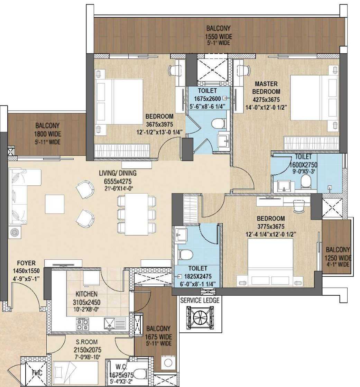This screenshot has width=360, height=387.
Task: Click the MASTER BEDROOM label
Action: pyautogui.click(x=266, y=87)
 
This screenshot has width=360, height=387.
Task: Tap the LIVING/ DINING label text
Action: pyautogui.click(x=118, y=173)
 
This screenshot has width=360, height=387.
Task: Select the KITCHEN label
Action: pyautogui.click(x=86, y=294)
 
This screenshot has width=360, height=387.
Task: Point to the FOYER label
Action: pyautogui.click(x=26, y=263)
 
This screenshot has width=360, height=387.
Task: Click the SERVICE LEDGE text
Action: pyautogui.click(x=200, y=301)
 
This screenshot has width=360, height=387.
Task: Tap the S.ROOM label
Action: pyautogui.click(x=86, y=342)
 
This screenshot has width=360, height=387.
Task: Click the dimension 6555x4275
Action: pyautogui.click(x=118, y=182)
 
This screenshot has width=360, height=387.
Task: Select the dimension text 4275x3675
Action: pyautogui.click(x=266, y=100)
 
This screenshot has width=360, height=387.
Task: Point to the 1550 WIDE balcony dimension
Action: pyautogui.click(x=219, y=37)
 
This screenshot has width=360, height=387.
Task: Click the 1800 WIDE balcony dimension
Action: pyautogui.click(x=47, y=134)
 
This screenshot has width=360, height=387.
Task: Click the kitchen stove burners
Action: pyautogui.click(x=82, y=324)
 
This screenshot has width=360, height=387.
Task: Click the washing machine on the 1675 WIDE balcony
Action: pyautogui.click(x=168, y=363)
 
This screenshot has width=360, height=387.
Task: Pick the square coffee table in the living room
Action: pyautogui.click(x=55, y=204)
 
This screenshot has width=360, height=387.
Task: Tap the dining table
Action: pyautogui.click(x=137, y=214)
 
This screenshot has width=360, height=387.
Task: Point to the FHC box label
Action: pyautogui.click(x=37, y=373)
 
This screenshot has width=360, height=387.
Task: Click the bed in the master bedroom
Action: pyautogui.click(x=314, y=97)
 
